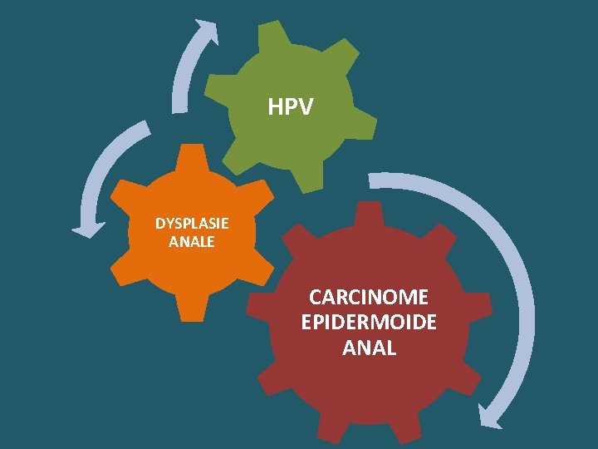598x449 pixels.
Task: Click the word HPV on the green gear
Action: tap(291, 107)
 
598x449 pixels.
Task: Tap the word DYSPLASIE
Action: tap(192, 224)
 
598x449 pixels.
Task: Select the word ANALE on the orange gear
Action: tap(192, 242)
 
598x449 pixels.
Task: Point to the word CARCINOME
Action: tap(369, 297)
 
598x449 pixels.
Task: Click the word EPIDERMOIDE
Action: tap(369, 323)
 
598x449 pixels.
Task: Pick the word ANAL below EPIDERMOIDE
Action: tap(369, 348)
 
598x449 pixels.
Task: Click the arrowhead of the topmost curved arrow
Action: tap(208, 32)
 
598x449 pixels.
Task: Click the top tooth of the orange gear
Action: tap(193, 155)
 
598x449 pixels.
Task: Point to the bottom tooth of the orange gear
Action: tap(193, 311)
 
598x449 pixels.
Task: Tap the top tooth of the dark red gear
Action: tap(369, 212)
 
